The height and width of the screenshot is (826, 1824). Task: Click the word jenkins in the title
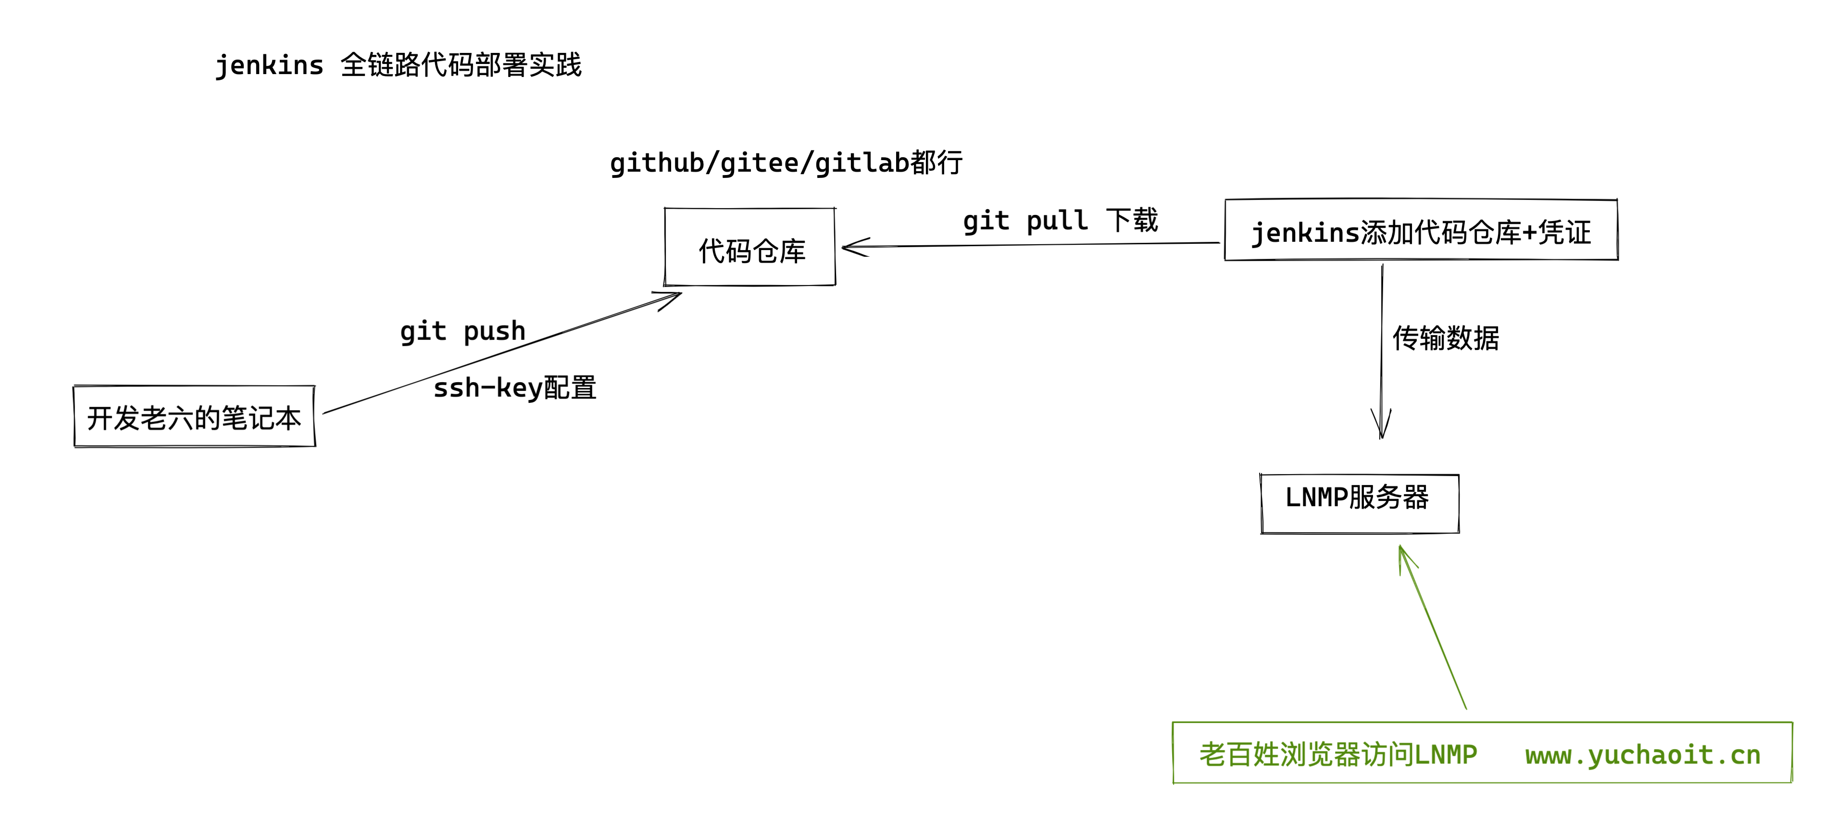click(x=269, y=65)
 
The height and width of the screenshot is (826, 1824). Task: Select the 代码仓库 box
click(x=750, y=248)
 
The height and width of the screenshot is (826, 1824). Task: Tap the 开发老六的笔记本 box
click(x=195, y=416)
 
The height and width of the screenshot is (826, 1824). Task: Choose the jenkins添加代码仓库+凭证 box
click(x=1421, y=231)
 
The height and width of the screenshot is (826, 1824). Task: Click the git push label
click(x=463, y=331)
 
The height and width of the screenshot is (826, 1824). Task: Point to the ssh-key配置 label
click(x=515, y=388)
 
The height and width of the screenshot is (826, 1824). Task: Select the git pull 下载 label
click(x=1060, y=220)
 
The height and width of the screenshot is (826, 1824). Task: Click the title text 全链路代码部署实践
click(x=461, y=65)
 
